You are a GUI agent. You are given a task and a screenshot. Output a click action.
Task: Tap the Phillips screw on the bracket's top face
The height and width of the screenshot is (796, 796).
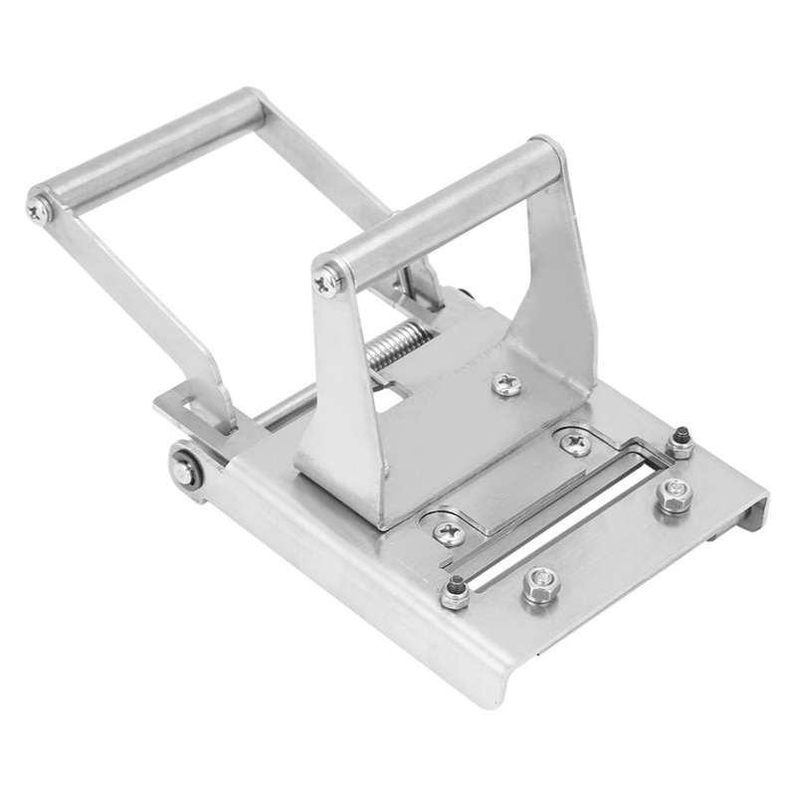pyautogui.click(x=506, y=384)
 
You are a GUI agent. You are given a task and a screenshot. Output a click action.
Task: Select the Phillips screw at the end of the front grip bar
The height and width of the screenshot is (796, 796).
pyautogui.click(x=328, y=282)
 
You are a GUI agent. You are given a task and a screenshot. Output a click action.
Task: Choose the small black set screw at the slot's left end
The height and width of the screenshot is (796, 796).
pyautogui.click(x=455, y=592)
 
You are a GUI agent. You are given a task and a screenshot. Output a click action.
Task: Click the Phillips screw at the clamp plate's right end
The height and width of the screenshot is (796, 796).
pyautogui.click(x=574, y=444)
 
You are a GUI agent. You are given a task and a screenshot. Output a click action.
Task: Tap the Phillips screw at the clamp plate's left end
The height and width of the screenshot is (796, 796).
pyautogui.click(x=448, y=532)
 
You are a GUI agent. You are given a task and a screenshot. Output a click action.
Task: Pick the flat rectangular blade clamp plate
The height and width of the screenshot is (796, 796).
pyautogui.click(x=512, y=488)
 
